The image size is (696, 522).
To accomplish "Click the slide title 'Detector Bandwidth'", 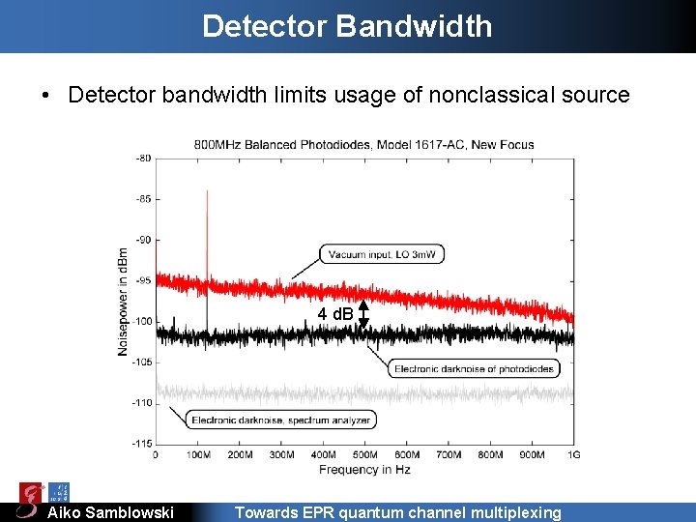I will [x=347, y=25].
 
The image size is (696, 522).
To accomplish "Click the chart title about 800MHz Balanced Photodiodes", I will [x=363, y=144].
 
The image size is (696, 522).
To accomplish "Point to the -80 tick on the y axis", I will [x=142, y=158].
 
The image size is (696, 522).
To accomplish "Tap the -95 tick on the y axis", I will [x=142, y=280].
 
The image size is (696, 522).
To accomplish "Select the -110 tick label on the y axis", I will [x=141, y=403].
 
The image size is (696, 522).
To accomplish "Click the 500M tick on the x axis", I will [x=364, y=454].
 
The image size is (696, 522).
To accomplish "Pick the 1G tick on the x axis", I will [x=573, y=454].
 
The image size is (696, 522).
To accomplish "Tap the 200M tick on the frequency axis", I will [x=239, y=454].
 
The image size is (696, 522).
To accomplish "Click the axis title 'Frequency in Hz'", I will [x=364, y=469].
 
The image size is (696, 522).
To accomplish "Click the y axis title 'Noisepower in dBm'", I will [x=124, y=300].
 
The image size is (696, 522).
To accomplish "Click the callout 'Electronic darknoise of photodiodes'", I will [x=475, y=368].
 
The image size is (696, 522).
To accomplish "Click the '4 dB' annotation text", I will [x=335, y=314].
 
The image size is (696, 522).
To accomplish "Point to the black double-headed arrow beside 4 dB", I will [x=363, y=315].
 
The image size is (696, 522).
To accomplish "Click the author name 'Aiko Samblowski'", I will [x=111, y=512].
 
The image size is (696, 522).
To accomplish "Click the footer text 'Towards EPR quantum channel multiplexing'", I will [x=397, y=512].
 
